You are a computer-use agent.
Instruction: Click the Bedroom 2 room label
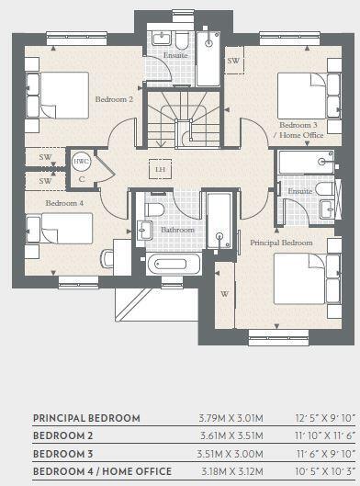point(114,98)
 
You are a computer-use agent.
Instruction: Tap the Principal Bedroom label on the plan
point(281,243)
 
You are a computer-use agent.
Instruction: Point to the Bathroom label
point(177,231)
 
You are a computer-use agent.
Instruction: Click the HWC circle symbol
point(81,160)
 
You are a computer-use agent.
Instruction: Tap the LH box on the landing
point(161,170)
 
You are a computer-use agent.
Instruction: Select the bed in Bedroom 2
point(51,92)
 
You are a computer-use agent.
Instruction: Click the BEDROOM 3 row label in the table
point(64,454)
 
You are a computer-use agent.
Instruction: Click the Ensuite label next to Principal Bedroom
point(298,191)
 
